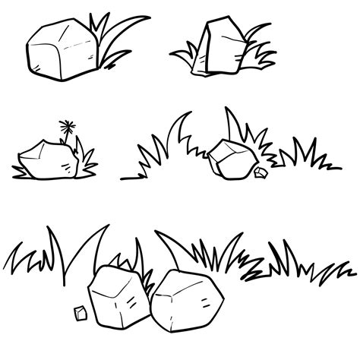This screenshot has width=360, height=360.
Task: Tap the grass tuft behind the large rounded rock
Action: pyautogui.click(x=114, y=38)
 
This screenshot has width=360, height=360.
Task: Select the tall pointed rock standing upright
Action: pyautogui.click(x=219, y=47)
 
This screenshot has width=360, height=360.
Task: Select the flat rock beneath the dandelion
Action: pyautogui.click(x=47, y=160)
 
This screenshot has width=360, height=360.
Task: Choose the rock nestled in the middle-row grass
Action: pyautogui.click(x=230, y=158)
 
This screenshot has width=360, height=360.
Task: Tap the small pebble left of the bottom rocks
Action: pyautogui.click(x=77, y=312)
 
